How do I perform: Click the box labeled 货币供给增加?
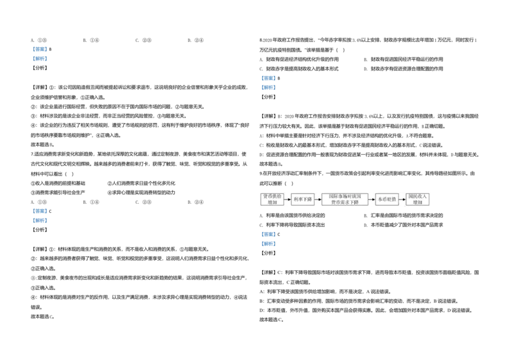point(272,199)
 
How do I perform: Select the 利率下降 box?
point(303,199)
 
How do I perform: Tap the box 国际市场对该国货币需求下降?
point(344,199)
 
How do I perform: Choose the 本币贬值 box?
point(387,199)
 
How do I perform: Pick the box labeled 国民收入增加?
point(418,199)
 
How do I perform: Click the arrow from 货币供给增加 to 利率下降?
point(288,199)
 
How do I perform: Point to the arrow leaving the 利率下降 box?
point(318,199)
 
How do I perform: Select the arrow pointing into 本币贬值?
point(372,199)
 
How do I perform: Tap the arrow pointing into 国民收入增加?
point(402,199)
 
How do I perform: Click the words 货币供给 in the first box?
point(272,196)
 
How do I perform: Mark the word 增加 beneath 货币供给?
point(272,202)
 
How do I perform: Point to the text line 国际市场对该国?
point(344,196)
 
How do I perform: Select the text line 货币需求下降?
point(344,202)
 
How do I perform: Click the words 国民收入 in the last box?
point(418,196)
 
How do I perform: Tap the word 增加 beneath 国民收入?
point(418,202)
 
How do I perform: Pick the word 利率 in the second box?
point(298,199)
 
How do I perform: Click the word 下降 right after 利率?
point(307,199)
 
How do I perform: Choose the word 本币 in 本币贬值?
point(382,199)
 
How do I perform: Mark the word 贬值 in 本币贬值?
point(391,199)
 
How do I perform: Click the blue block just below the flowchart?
point(268,239)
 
